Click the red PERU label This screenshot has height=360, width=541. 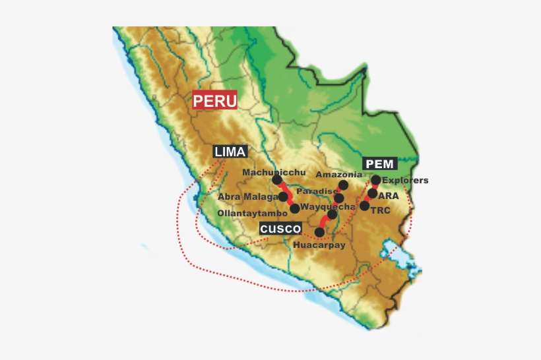[214, 102]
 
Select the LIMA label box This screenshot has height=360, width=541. [230, 152]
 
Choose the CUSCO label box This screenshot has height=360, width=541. [280, 229]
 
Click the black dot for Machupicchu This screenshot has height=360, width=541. [276, 179]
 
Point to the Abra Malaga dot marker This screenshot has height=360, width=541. [284, 196]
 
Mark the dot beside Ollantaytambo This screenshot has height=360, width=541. [294, 208]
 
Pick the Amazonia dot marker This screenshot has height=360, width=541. [343, 185]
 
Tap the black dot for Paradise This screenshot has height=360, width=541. [339, 198]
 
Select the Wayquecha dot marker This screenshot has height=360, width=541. [333, 214]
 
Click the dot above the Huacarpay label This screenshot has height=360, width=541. [320, 231]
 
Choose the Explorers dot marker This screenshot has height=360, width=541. [375, 180]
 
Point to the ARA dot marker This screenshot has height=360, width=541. [372, 194]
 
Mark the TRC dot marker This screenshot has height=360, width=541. [364, 206]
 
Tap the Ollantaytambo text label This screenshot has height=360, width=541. [252, 214]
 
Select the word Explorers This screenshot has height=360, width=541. [405, 180]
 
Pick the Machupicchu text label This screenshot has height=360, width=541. [269, 172]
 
